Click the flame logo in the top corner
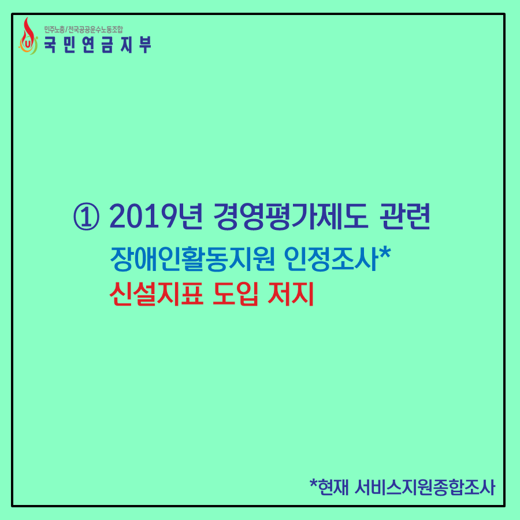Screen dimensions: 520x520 coord(28,36)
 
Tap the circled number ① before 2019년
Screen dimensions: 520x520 coord(86,217)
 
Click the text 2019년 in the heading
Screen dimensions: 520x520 coord(155,216)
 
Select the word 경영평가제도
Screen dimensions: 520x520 coord(291,216)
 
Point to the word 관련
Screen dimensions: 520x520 coord(405,216)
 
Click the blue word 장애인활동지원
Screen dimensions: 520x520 coord(192,259)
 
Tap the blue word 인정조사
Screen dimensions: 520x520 coord(331,259)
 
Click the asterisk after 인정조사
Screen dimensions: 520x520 coord(385,254)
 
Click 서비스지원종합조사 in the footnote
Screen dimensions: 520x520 coord(425,488)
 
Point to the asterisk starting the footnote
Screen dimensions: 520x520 coord(313,484)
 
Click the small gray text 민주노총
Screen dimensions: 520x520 coord(54,30)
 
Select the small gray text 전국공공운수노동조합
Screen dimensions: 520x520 coord(95,30)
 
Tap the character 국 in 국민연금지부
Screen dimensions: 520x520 coord(50,44)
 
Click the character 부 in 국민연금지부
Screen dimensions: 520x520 coord(145,44)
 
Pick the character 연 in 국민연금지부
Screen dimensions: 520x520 coord(88,44)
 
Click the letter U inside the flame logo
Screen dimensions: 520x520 coord(28,44)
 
